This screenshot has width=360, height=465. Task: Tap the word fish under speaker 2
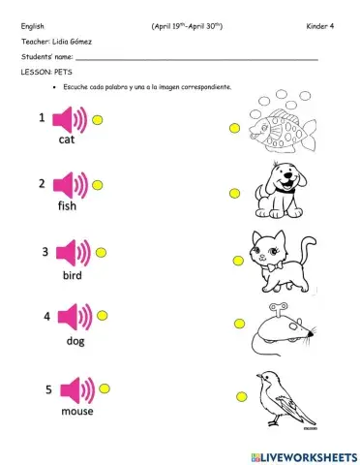pyautogui.click(x=67, y=205)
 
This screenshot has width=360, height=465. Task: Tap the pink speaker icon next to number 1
pyautogui.click(x=70, y=119)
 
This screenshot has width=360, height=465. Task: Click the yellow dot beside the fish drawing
pyautogui.click(x=234, y=127)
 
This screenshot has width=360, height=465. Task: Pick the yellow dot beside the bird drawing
pyautogui.click(x=237, y=396)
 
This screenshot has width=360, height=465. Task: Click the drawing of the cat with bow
pyautogui.click(x=268, y=259)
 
